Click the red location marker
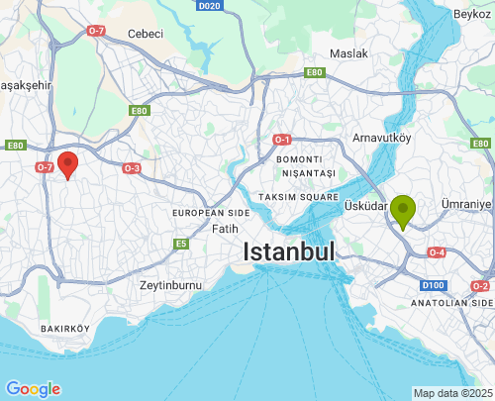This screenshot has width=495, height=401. click(67, 164)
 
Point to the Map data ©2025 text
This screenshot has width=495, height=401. click(451, 393)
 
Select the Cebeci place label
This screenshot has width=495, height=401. click(145, 33)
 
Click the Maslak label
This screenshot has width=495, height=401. click(348, 52)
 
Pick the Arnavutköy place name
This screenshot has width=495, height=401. click(381, 137)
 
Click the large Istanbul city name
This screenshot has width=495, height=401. click(289, 251)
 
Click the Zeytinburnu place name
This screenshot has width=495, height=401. click(170, 285)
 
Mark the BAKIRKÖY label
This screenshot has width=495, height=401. click(64, 328)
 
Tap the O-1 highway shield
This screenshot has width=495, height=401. click(282, 140)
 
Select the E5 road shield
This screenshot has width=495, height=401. click(181, 244)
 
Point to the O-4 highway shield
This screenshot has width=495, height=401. click(436, 252)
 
